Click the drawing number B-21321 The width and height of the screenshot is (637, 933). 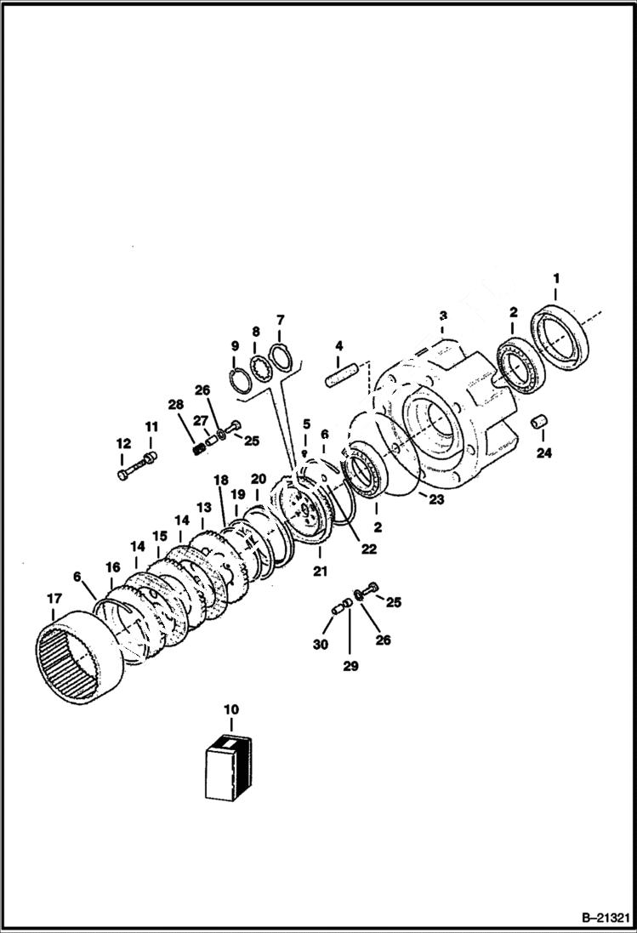[605, 919]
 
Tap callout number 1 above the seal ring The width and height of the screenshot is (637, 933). [556, 278]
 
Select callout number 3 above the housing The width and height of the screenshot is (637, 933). [442, 316]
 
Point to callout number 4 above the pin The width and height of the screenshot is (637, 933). [338, 346]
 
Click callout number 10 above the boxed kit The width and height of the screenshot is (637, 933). [230, 708]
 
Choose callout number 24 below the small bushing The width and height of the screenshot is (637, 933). [543, 452]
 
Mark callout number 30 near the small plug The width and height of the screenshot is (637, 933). [321, 646]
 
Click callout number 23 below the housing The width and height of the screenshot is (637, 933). [436, 500]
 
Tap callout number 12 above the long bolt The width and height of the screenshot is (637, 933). [123, 443]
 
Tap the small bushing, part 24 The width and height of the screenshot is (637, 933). [537, 423]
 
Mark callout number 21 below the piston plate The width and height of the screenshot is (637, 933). [320, 572]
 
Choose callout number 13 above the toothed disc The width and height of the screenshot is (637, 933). [203, 508]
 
